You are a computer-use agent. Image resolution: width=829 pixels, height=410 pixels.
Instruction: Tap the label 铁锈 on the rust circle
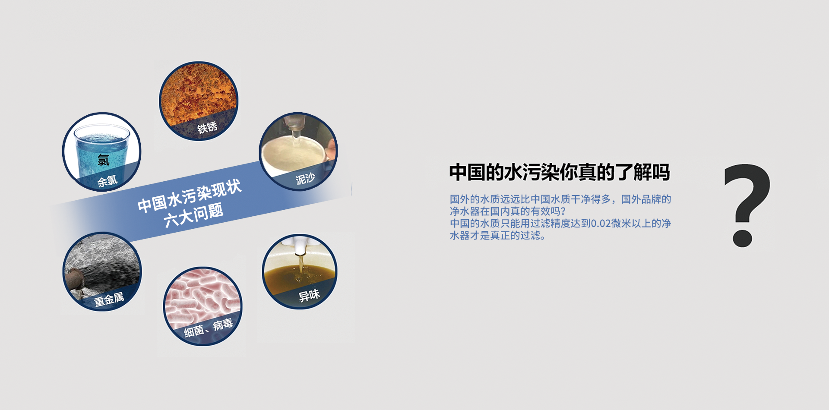coord(207,128)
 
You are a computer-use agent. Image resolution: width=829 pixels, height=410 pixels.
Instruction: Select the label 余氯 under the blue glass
coord(108,181)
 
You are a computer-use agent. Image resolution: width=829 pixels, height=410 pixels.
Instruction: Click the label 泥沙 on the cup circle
coord(305,178)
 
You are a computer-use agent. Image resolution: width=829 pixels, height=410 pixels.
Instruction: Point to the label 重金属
coord(109,299)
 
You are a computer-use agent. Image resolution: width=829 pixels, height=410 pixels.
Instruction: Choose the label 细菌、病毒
coord(209,328)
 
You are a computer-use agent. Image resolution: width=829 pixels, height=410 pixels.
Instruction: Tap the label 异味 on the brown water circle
coord(309,296)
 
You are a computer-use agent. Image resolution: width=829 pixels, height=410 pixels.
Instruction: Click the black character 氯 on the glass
coord(104,160)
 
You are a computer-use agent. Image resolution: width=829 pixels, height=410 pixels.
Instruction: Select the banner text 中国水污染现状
coord(190,196)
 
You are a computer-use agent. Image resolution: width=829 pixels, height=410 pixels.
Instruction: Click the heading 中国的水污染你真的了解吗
coord(560,172)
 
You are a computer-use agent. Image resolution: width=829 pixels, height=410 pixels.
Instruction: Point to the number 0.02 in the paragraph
coord(601,224)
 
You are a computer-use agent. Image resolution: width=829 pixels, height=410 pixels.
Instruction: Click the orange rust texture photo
coord(199,95)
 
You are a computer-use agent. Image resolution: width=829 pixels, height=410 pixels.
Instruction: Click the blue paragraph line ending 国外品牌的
coord(560,199)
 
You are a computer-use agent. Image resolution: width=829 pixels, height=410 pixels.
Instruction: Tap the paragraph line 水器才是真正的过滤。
coord(498,236)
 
